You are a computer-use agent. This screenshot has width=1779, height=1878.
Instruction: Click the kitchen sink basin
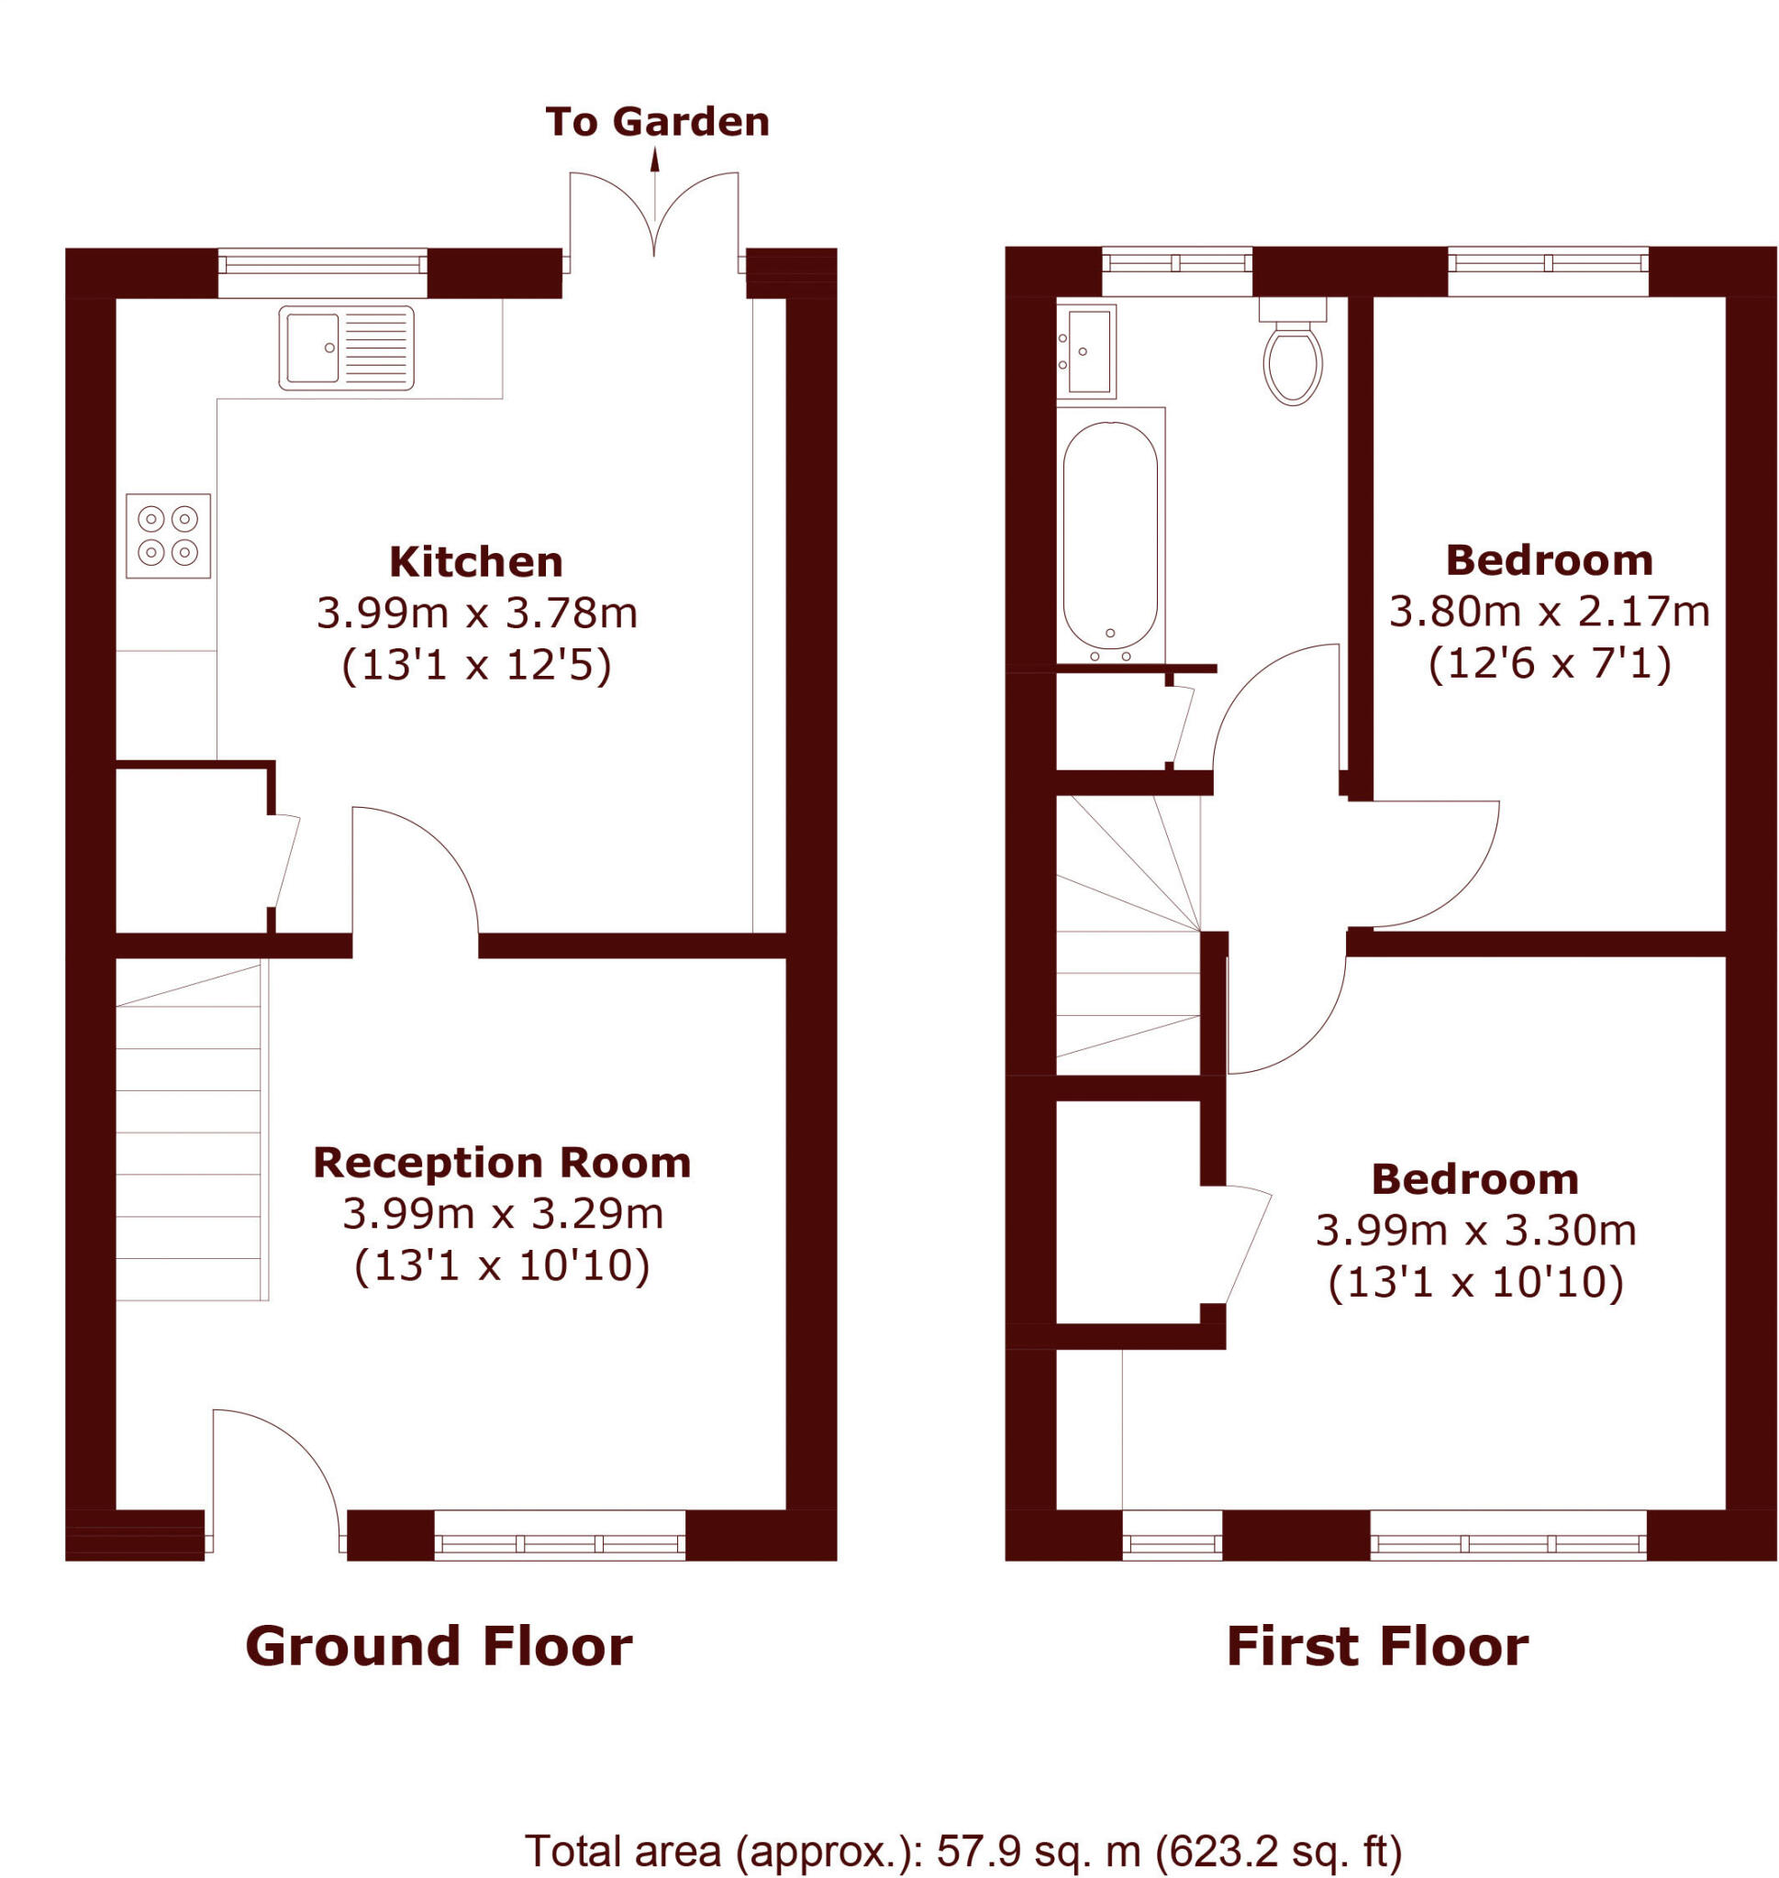tap(312, 348)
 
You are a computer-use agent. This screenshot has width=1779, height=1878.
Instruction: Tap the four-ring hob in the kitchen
tap(168, 536)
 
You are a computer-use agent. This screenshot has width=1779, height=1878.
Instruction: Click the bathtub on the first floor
tap(1109, 536)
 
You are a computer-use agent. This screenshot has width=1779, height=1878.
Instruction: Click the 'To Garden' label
tap(656, 122)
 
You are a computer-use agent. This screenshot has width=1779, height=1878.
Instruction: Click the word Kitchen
tap(476, 562)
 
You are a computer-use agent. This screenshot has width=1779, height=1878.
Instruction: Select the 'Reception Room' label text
tap(502, 1163)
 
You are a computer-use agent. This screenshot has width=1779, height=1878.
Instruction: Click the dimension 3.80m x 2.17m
tap(1549, 613)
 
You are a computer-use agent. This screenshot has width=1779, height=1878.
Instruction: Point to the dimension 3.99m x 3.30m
tap(1475, 1232)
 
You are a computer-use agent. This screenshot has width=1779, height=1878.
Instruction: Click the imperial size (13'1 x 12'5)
tap(476, 666)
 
